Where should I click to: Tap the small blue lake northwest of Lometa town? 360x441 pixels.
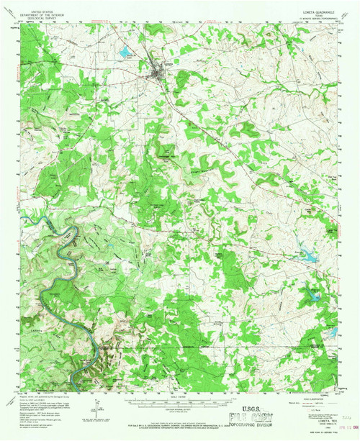[x=126, y=51]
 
